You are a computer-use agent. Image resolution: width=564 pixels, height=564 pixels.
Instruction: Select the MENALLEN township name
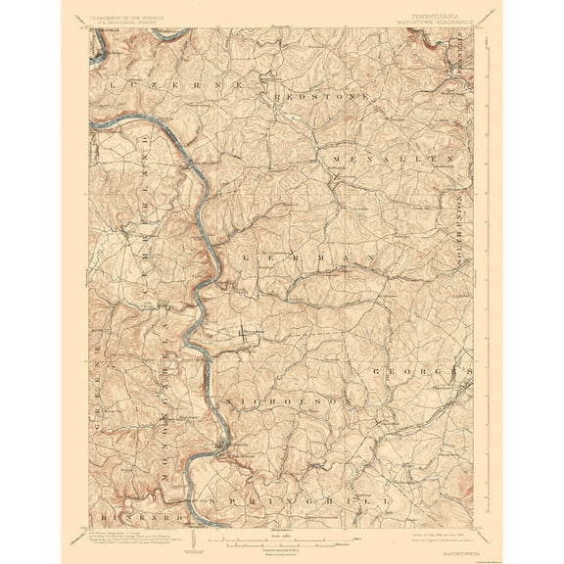click(x=392, y=159)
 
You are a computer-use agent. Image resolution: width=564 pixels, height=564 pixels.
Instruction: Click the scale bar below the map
click(x=282, y=537)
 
